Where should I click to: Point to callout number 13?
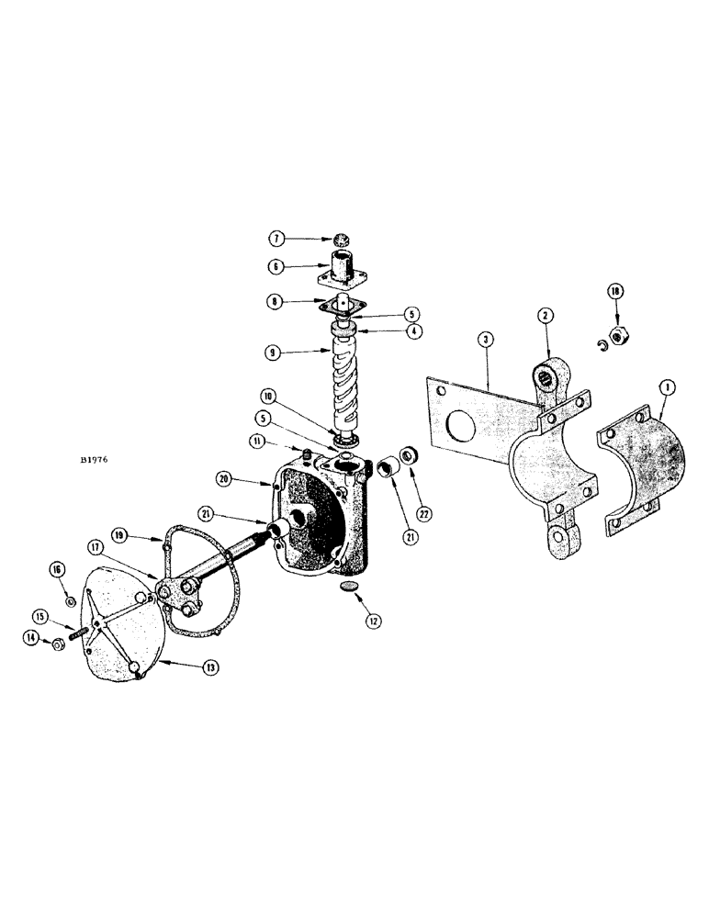(x=210, y=667)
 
